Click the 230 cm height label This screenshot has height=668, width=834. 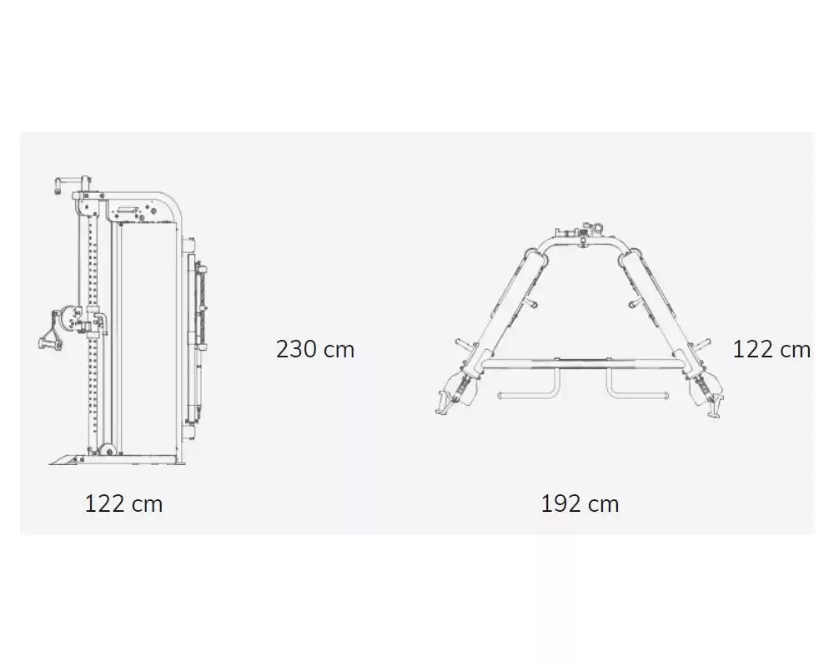tap(315, 350)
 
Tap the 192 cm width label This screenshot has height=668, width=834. tap(580, 504)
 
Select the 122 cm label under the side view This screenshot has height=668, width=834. tap(123, 504)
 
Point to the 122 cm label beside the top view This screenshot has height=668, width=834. tap(771, 350)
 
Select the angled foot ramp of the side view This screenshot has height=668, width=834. tap(67, 459)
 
